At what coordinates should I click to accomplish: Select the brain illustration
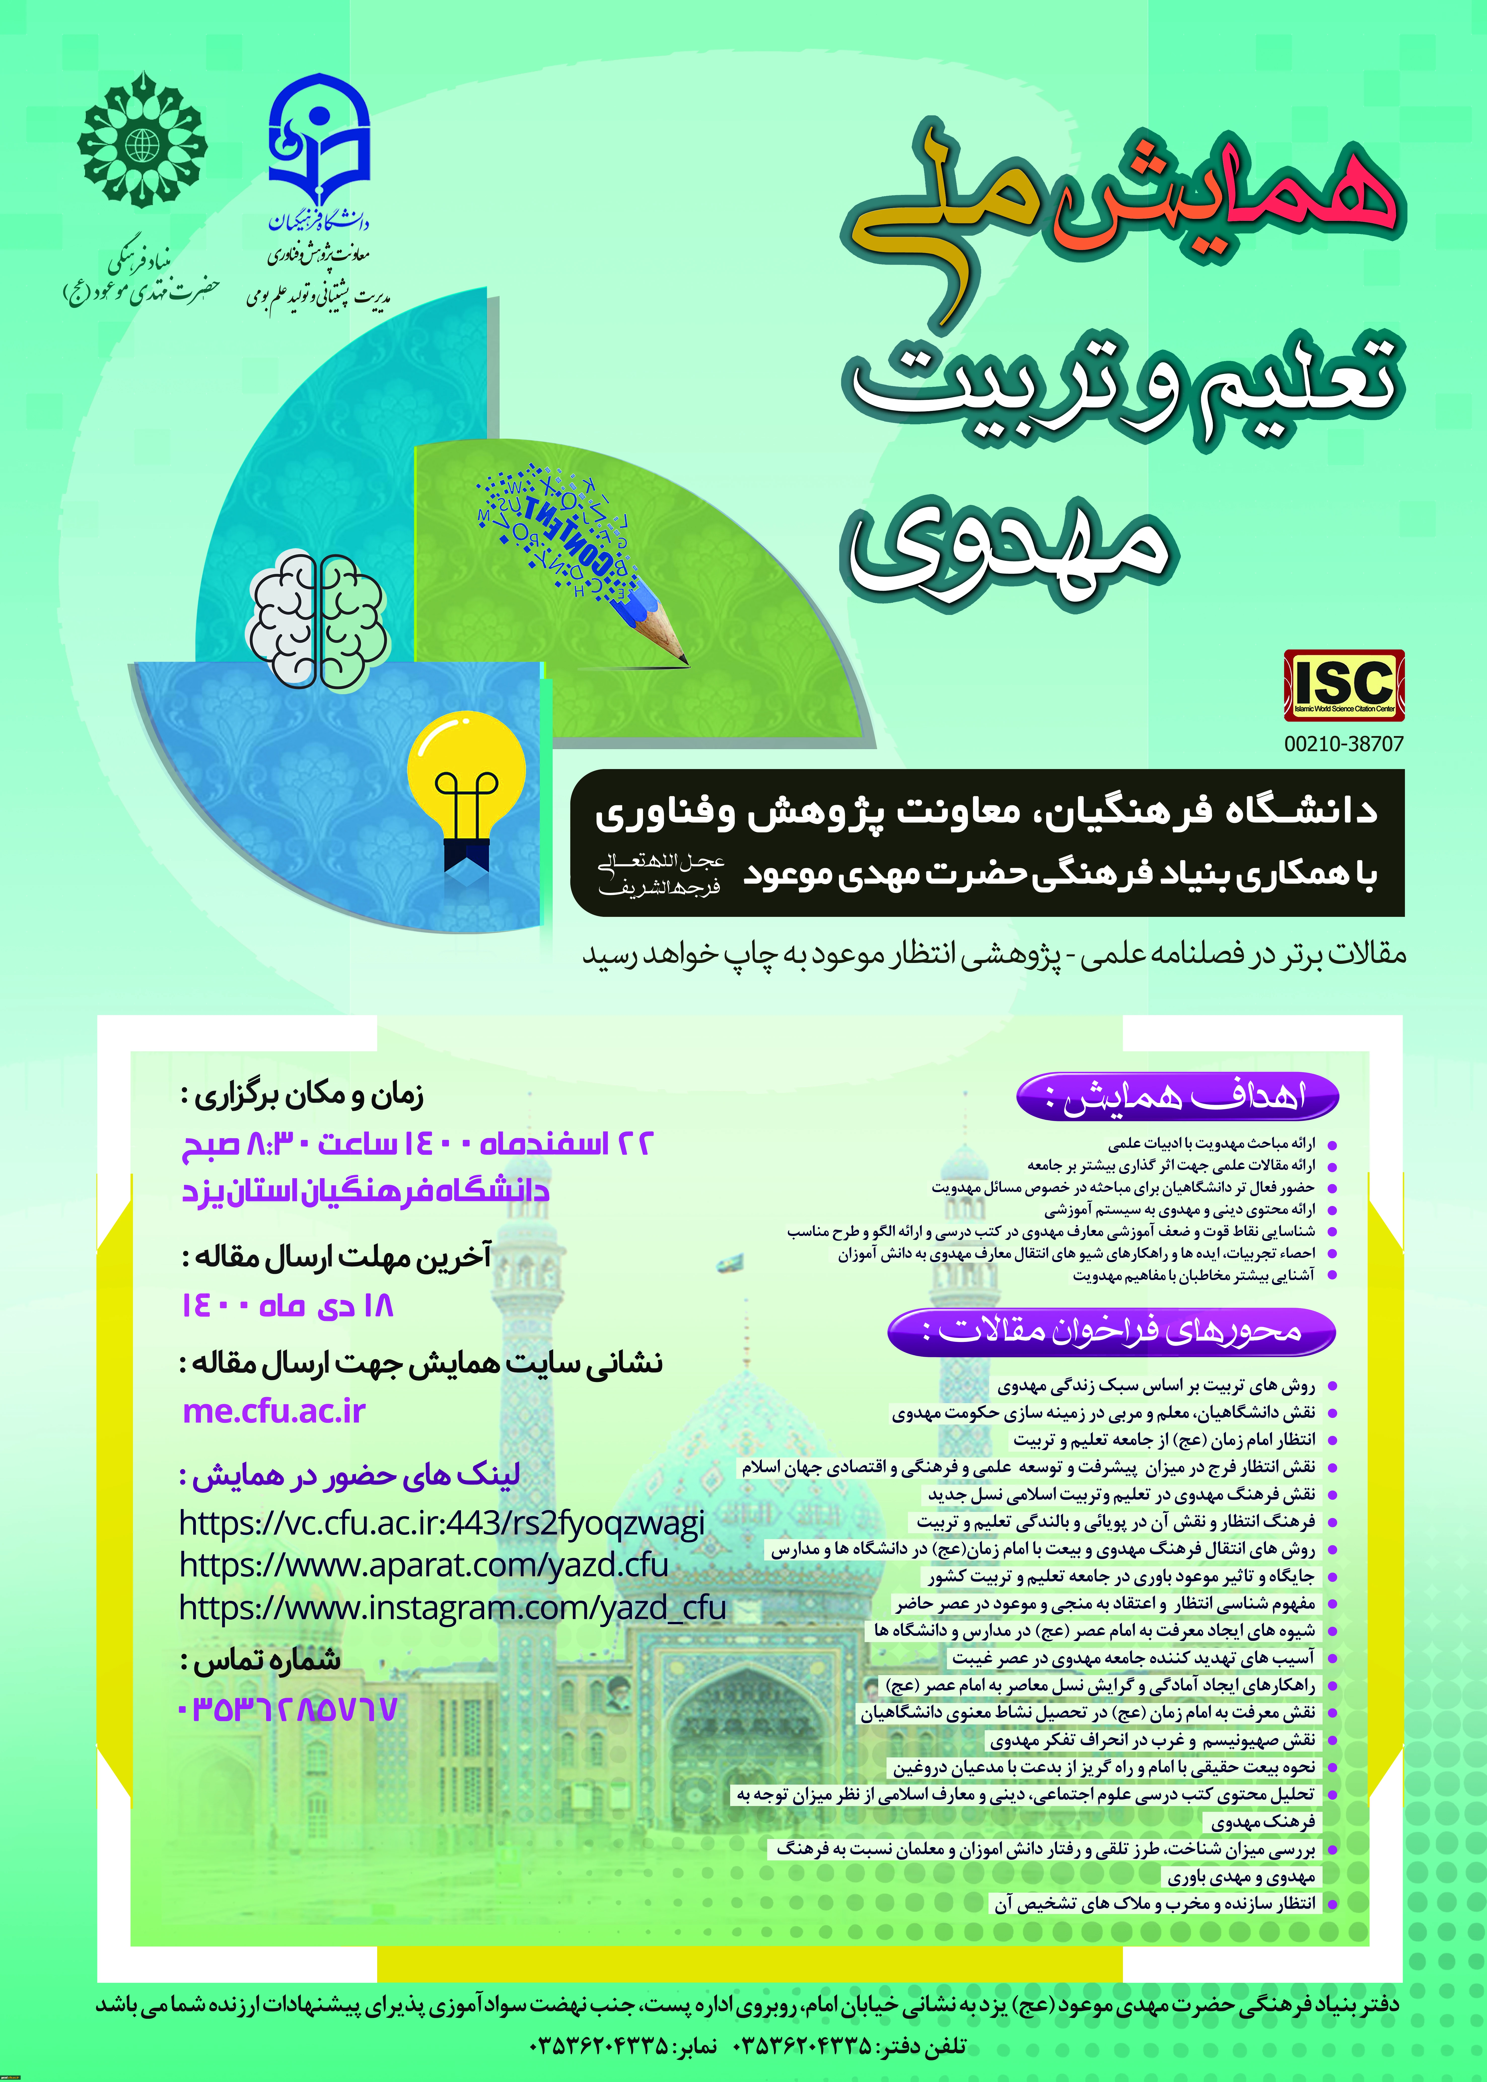pos(317,619)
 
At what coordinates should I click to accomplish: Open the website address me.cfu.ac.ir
pos(274,1411)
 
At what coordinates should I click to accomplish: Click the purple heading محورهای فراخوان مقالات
pos(1112,1330)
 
